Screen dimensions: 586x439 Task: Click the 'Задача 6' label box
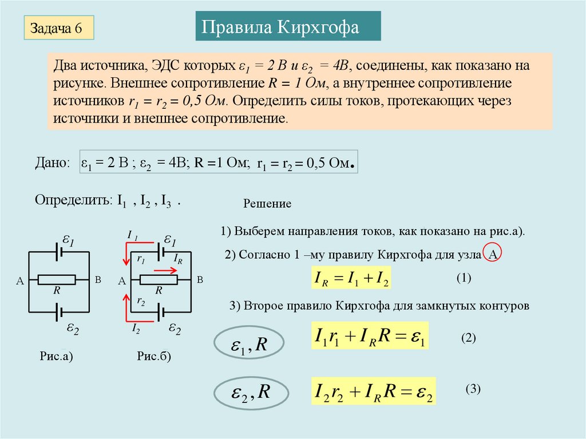(x=58, y=28)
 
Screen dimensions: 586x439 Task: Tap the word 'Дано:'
(x=52, y=163)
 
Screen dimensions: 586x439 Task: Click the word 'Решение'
(x=268, y=204)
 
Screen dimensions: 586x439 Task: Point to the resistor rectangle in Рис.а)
(x=57, y=279)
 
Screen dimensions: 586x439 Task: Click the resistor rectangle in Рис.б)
(x=159, y=279)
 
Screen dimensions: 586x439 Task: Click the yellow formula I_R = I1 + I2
(x=351, y=279)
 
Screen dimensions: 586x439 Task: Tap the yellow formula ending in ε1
(x=370, y=337)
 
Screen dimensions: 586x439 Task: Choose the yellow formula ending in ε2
(x=373, y=392)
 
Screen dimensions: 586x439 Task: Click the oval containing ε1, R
(x=250, y=344)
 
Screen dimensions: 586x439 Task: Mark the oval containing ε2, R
(x=250, y=393)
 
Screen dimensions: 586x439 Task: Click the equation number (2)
(x=469, y=338)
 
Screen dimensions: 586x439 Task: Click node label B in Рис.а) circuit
(x=97, y=280)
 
